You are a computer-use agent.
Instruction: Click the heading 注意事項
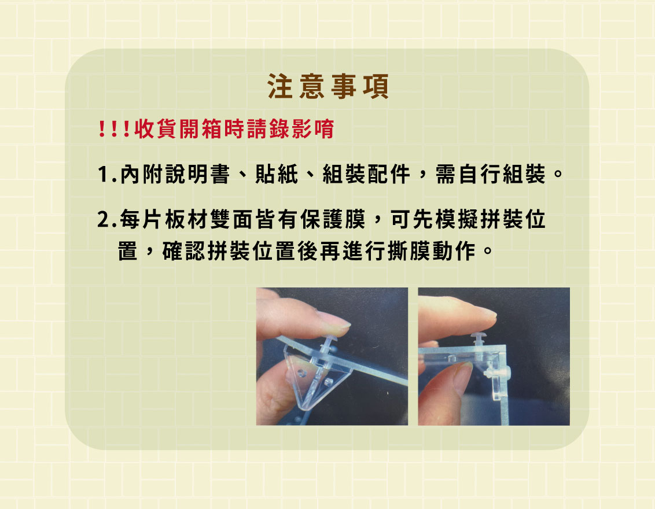pyautogui.click(x=328, y=86)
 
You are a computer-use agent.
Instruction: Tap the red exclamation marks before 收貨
pyautogui.click(x=113, y=128)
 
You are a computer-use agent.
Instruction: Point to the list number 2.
pyautogui.click(x=106, y=220)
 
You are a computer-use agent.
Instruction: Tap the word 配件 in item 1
pyautogui.click(x=389, y=174)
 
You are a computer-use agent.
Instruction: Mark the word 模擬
pyautogui.click(x=457, y=219)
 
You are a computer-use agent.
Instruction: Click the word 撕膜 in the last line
pyautogui.click(x=410, y=251)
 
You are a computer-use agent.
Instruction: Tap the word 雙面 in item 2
pyautogui.click(x=231, y=219)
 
